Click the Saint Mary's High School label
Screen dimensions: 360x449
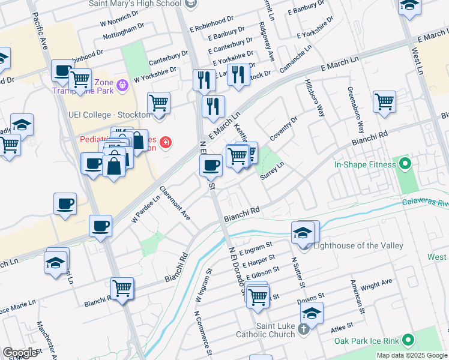coord(135,4)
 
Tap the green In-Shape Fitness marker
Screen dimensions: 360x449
coord(405,163)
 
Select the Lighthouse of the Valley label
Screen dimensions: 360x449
coord(347,245)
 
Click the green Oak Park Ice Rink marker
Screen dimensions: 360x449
coord(408,341)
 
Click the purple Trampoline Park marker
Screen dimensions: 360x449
coord(124,85)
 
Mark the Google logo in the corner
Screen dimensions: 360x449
coord(20,353)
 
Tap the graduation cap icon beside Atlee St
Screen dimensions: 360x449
coord(312,313)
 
